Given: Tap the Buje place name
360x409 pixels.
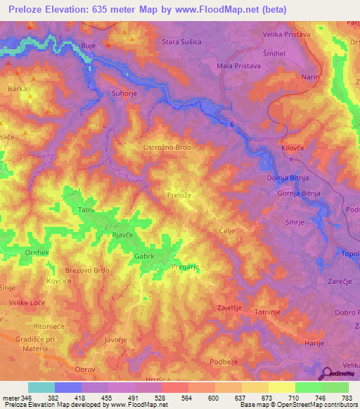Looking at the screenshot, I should coord(89,46).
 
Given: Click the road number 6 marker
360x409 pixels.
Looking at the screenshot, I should coord(231,124).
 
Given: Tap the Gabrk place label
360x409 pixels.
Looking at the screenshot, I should coord(146,257).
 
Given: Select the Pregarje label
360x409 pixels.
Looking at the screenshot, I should coord(186,267).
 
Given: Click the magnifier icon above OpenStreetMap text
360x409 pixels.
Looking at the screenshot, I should coord(328,374).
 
